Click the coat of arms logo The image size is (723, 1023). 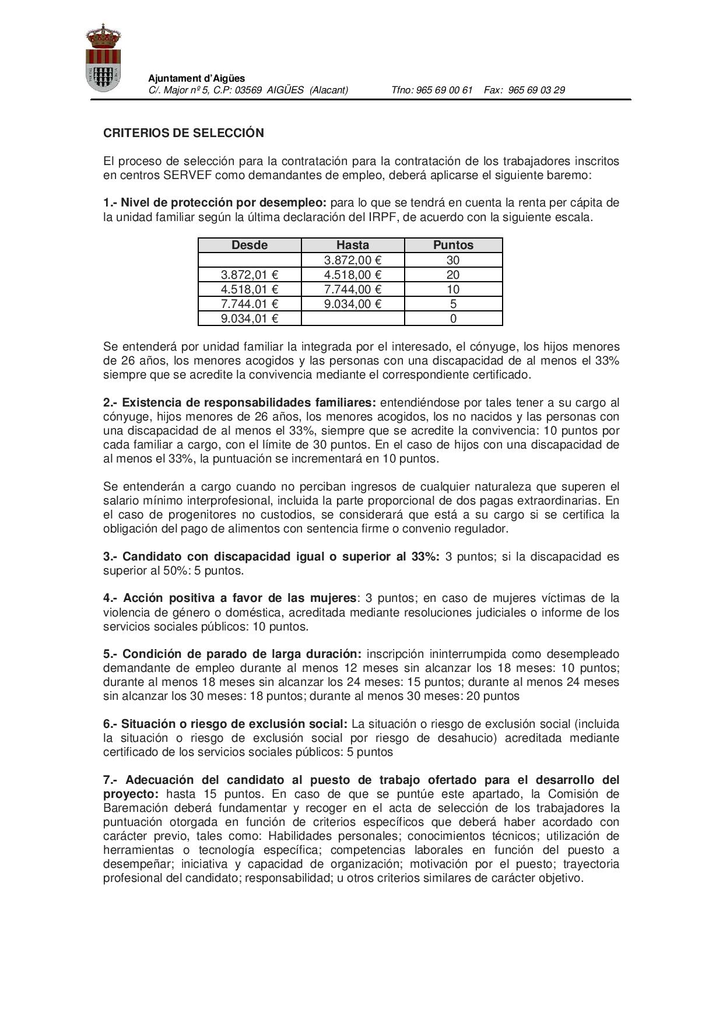click(103, 58)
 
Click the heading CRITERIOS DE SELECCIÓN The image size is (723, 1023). click(184, 133)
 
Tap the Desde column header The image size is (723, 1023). click(250, 245)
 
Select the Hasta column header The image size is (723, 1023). click(353, 245)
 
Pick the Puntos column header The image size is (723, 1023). click(453, 245)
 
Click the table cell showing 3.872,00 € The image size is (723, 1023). click(353, 260)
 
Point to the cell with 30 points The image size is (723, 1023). click(453, 260)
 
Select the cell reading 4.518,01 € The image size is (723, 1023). click(250, 289)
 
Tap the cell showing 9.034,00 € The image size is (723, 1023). click(353, 304)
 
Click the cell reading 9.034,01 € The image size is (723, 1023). click(250, 318)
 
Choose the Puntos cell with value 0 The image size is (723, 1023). click(453, 318)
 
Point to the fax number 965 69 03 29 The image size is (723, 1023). click(536, 90)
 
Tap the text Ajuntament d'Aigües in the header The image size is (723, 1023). click(196, 78)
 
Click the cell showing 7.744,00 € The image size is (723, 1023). click(353, 289)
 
